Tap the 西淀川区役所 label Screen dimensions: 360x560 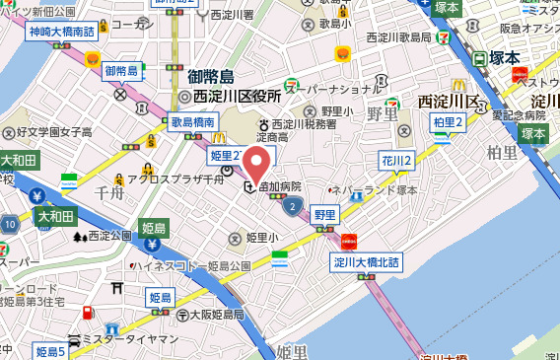[x=237, y=97]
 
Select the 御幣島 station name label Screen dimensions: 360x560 [x=211, y=77]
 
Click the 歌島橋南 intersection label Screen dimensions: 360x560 [x=193, y=121]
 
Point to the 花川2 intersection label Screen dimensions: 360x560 [x=396, y=161]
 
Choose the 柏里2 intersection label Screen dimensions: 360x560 [x=448, y=121]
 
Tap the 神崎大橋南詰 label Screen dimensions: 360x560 [x=60, y=32]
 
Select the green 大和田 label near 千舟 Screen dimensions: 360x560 [x=56, y=214]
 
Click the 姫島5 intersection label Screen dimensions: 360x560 [x=49, y=351]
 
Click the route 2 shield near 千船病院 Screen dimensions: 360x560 [x=292, y=206]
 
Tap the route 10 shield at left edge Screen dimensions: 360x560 [x=9, y=225]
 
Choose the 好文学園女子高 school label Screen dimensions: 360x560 [x=52, y=130]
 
